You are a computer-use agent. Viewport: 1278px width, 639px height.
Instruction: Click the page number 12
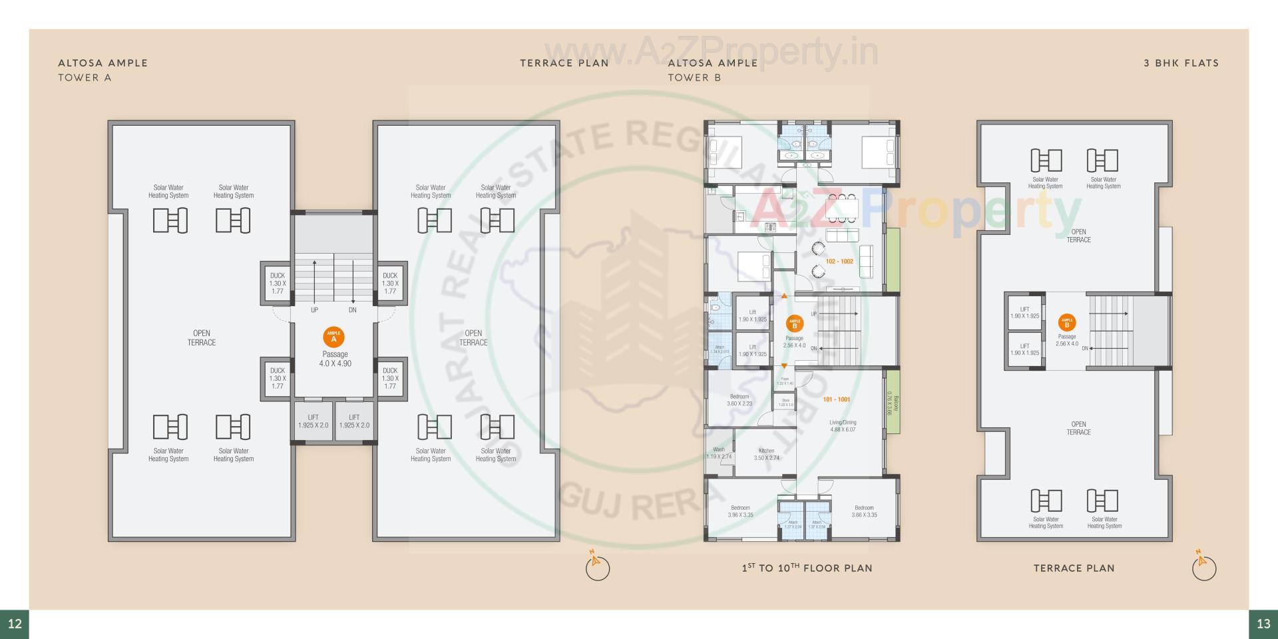(x=15, y=624)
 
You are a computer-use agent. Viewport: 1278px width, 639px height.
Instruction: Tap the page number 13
(x=1263, y=624)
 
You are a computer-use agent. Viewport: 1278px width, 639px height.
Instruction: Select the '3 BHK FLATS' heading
(x=1181, y=63)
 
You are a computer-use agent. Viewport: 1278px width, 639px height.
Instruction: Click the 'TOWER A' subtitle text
(x=85, y=78)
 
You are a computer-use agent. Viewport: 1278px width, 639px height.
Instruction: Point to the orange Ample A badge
(x=333, y=337)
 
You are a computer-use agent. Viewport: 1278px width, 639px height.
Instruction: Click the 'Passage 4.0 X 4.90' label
(x=335, y=359)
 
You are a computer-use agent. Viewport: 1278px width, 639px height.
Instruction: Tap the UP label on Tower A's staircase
(x=314, y=310)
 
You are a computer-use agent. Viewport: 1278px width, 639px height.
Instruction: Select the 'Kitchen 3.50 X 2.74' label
(x=766, y=455)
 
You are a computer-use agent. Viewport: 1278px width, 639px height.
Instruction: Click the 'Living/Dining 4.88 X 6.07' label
(x=843, y=426)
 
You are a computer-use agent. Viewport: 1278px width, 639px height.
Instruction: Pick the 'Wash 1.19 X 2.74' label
(x=719, y=453)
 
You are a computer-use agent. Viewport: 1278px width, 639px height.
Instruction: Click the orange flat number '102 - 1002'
(x=839, y=262)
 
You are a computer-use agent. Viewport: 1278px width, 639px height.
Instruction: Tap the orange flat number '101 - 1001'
(x=836, y=399)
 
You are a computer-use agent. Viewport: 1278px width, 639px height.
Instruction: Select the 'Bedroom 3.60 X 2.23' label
(x=740, y=400)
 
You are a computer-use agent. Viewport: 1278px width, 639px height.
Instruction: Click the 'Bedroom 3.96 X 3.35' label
(x=740, y=511)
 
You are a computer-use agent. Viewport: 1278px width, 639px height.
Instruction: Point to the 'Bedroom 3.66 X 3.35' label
(x=864, y=511)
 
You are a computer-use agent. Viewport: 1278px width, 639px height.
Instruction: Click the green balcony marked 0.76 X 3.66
(x=893, y=403)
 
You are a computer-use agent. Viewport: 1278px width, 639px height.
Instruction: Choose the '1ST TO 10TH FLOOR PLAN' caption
(x=807, y=568)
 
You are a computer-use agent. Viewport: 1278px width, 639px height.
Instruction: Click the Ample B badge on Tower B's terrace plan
(x=1067, y=323)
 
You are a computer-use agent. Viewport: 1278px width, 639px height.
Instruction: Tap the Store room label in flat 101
(x=785, y=402)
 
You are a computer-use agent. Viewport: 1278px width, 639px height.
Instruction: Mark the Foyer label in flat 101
(x=785, y=381)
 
